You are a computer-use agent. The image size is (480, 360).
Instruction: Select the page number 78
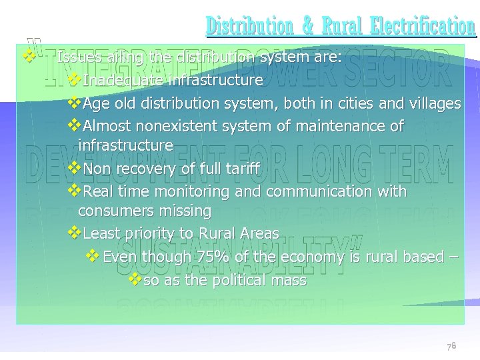click(x=451, y=346)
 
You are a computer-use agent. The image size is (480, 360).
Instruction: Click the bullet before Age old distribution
click(x=74, y=103)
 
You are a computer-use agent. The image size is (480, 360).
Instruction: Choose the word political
click(x=243, y=281)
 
